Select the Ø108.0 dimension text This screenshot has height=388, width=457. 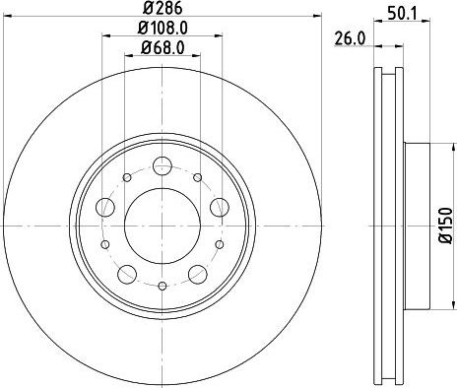163,30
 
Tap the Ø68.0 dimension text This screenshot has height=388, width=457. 163,48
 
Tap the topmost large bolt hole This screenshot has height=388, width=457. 162,162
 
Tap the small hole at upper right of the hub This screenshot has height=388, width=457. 197,176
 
